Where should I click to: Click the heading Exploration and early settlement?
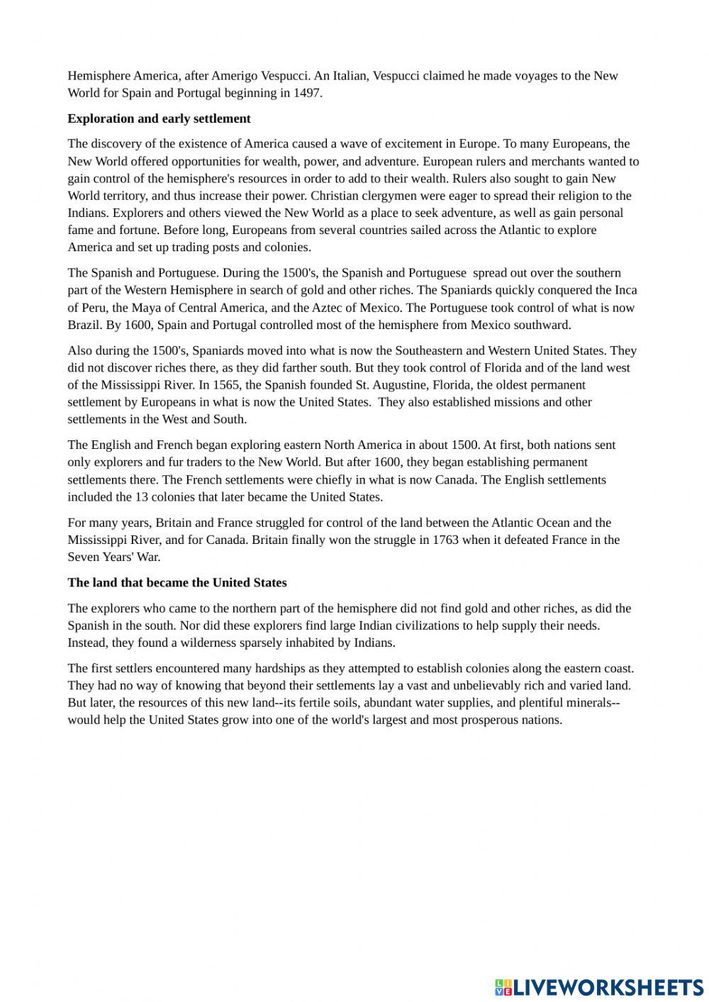coord(159,118)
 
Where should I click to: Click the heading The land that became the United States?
coord(177,583)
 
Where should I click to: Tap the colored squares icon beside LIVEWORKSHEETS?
coord(503,986)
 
